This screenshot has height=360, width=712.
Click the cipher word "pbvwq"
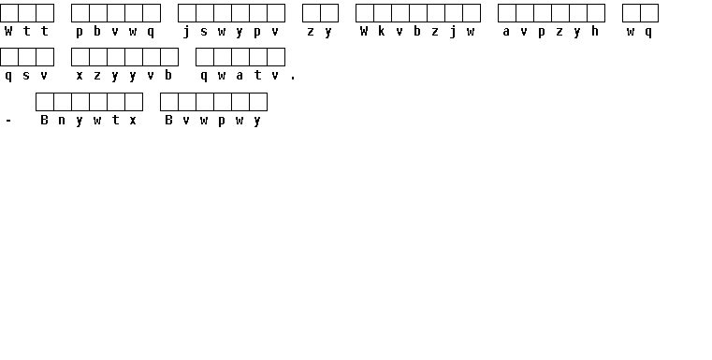pyautogui.click(x=115, y=32)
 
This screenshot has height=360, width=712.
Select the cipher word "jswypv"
pyautogui.click(x=231, y=32)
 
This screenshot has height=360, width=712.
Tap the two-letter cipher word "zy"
pyautogui.click(x=320, y=32)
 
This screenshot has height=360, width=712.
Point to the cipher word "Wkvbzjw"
pyautogui.click(x=417, y=32)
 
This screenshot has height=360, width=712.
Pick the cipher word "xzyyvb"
pyautogui.click(x=124, y=76)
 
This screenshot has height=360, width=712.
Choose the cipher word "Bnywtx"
pyautogui.click(x=89, y=121)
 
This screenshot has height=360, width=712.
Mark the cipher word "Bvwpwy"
pyautogui.click(x=213, y=121)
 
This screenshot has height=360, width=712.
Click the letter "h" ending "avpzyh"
pyautogui.click(x=595, y=31)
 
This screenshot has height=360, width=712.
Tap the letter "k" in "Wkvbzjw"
pyautogui.click(x=382, y=31)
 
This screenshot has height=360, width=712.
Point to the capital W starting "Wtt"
pyautogui.click(x=8, y=31)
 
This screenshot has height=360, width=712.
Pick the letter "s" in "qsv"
pyautogui.click(x=26, y=76)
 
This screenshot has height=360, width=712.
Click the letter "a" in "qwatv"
pyautogui.click(x=240, y=76)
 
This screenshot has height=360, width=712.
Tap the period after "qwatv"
pyautogui.click(x=293, y=79)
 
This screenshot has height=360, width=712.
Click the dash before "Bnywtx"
pyautogui.click(x=8, y=121)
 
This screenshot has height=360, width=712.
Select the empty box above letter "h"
pyautogui.click(x=596, y=13)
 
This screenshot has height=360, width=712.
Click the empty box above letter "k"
pyautogui.click(x=383, y=13)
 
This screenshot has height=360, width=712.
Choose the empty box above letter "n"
pyautogui.click(x=63, y=102)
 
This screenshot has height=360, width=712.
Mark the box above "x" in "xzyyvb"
pyautogui.click(x=80, y=57)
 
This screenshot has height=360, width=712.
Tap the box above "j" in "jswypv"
pyautogui.click(x=187, y=13)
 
